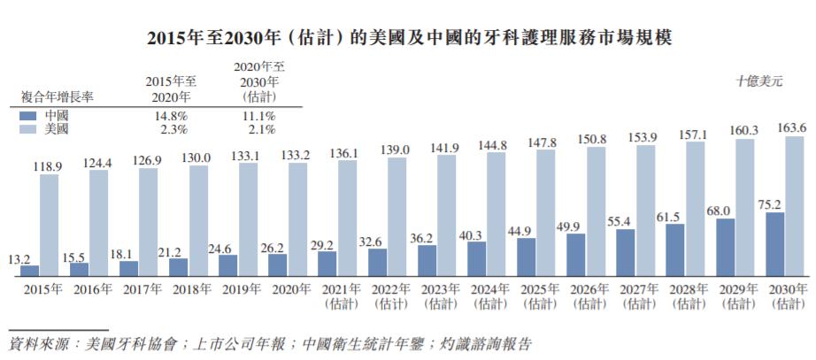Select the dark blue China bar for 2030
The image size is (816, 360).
[x=773, y=244]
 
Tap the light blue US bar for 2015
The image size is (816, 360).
[x=50, y=225]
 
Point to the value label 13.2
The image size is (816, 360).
[x=20, y=258]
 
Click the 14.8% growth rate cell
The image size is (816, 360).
[x=169, y=116]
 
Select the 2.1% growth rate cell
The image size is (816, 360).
[x=258, y=129]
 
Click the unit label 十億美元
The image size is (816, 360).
[x=758, y=81]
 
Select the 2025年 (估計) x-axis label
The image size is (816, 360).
[x=539, y=295]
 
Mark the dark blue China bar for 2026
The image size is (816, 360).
[x=575, y=255]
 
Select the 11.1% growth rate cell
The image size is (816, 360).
[x=258, y=116]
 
